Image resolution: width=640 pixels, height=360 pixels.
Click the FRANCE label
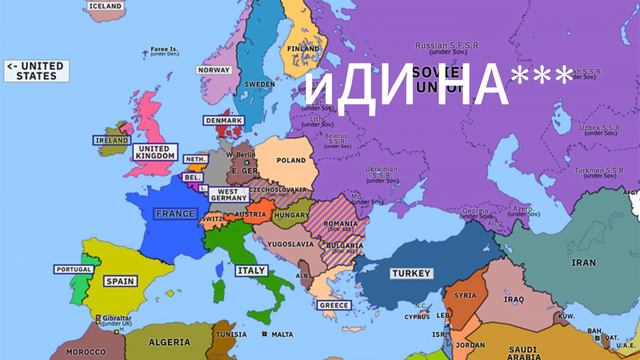[x=176, y=213]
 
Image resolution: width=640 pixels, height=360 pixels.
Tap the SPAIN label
[x=120, y=281]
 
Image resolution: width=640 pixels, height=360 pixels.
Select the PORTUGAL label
[x=74, y=269]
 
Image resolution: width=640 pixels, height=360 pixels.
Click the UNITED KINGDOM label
[x=155, y=152]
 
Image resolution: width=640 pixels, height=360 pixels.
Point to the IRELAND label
[x=111, y=141]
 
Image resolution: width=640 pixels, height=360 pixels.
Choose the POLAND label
[x=292, y=160]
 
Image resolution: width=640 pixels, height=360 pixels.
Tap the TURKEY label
[x=411, y=273]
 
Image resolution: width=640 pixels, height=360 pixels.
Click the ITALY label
[x=250, y=270]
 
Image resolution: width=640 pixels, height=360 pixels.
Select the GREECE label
[x=333, y=304]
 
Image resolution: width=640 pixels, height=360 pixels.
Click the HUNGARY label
[x=291, y=215]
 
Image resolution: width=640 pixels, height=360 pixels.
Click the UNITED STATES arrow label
[x=35, y=71]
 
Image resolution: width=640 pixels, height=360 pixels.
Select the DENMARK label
[x=224, y=120]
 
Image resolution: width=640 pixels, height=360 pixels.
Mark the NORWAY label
[x=214, y=71]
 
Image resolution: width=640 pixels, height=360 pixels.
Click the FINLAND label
[x=304, y=48]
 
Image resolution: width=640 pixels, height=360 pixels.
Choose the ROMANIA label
[x=341, y=223]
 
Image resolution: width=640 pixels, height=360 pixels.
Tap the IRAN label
[x=583, y=262]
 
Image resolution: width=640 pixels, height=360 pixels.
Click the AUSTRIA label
[x=250, y=214]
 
